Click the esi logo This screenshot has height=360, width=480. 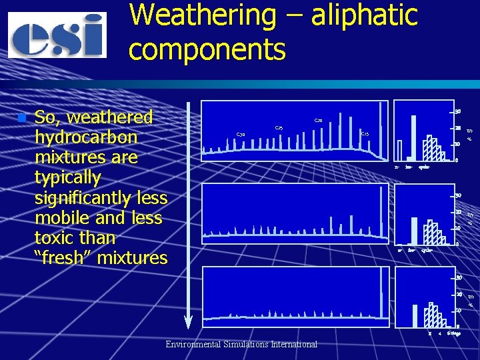(x=57, y=35)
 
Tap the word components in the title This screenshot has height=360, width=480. (x=207, y=49)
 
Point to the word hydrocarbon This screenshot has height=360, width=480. (x=86, y=137)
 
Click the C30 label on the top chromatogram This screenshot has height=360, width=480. (x=241, y=135)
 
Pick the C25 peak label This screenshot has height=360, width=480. (x=279, y=128)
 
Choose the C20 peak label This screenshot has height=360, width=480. (x=319, y=121)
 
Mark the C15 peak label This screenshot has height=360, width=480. (x=365, y=135)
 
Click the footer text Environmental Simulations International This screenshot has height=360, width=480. (x=241, y=344)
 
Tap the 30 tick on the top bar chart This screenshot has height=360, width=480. (x=458, y=111)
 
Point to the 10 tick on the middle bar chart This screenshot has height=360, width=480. (x=458, y=228)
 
